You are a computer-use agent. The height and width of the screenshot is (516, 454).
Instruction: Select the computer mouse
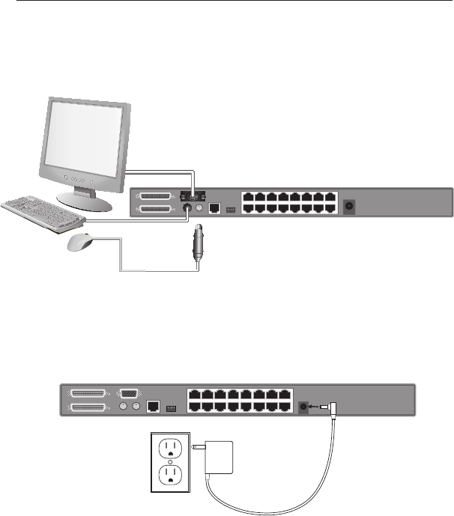coord(82,242)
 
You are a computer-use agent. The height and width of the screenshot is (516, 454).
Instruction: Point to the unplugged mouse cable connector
coord(199,244)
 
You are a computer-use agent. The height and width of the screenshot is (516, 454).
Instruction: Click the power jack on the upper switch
coord(348,204)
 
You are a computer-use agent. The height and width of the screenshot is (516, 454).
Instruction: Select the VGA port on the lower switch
coord(128,392)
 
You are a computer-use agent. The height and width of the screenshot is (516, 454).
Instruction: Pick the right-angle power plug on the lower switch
coord(331,407)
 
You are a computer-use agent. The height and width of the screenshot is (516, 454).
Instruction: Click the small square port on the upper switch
coord(214,208)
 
